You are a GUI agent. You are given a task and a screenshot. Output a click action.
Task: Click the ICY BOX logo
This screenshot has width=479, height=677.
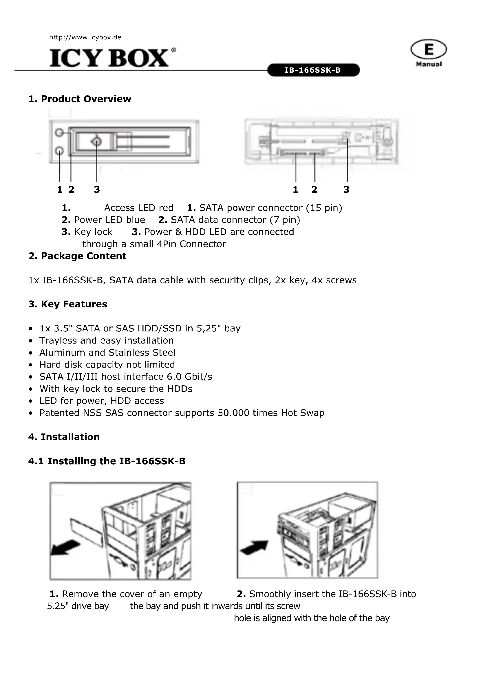[x=109, y=58]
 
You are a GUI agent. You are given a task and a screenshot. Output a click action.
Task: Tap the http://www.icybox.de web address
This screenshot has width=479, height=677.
[x=85, y=37]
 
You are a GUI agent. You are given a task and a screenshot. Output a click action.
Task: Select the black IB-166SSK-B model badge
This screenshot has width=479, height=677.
[x=313, y=70]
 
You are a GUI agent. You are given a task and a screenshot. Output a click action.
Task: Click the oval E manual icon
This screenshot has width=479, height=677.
[x=429, y=49]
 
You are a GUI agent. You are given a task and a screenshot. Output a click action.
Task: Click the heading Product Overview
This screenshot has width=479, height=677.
[x=80, y=99]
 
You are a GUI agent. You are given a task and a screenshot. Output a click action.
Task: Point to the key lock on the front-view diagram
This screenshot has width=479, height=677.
[x=97, y=142]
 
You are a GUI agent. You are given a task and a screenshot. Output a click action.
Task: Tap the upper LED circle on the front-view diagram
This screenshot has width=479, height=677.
[x=59, y=133]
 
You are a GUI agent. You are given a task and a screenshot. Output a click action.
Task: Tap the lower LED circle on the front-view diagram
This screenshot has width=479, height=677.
[x=59, y=151]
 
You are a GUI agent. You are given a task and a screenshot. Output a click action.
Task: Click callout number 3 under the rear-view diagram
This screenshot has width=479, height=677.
[x=346, y=189]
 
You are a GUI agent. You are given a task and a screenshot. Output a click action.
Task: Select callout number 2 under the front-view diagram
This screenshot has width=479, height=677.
[x=71, y=189]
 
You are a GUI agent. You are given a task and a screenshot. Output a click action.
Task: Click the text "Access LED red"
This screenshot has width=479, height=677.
[x=139, y=208]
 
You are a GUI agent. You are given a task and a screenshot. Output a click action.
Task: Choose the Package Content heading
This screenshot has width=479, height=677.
[x=77, y=256]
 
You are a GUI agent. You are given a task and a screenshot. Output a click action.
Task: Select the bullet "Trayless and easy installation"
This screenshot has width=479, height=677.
[x=107, y=341]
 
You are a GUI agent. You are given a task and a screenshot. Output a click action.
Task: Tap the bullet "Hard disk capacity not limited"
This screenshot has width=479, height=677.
[x=107, y=365]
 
